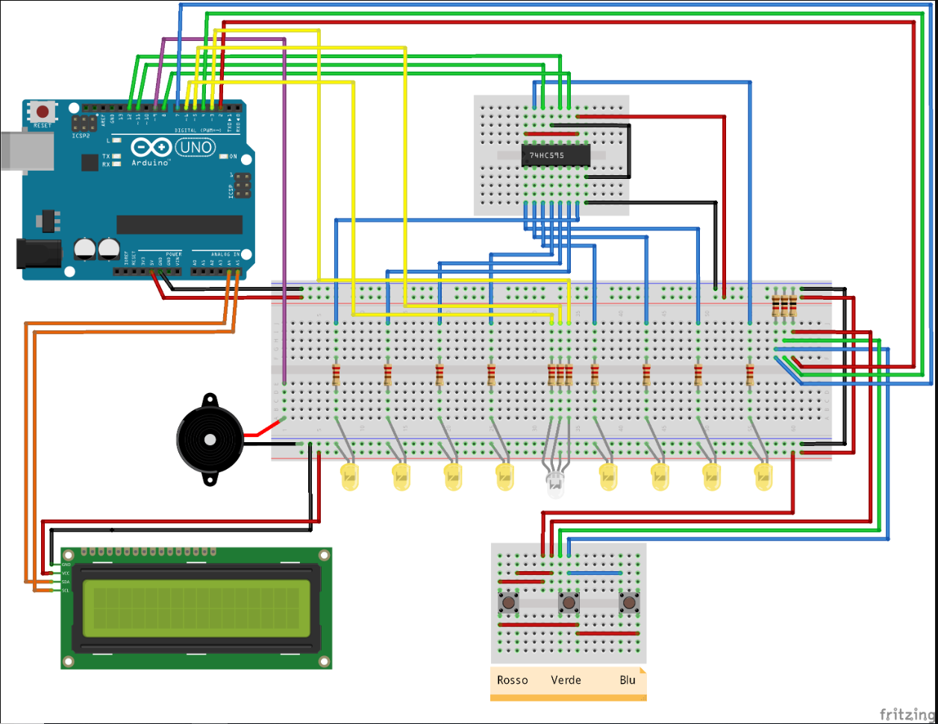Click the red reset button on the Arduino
click(43, 112)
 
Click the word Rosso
click(512, 680)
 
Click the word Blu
click(628, 680)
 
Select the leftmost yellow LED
click(349, 477)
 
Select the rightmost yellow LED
click(763, 477)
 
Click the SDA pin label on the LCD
click(66, 582)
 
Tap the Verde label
click(566, 680)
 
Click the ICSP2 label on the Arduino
click(81, 136)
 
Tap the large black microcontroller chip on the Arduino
click(179, 224)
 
